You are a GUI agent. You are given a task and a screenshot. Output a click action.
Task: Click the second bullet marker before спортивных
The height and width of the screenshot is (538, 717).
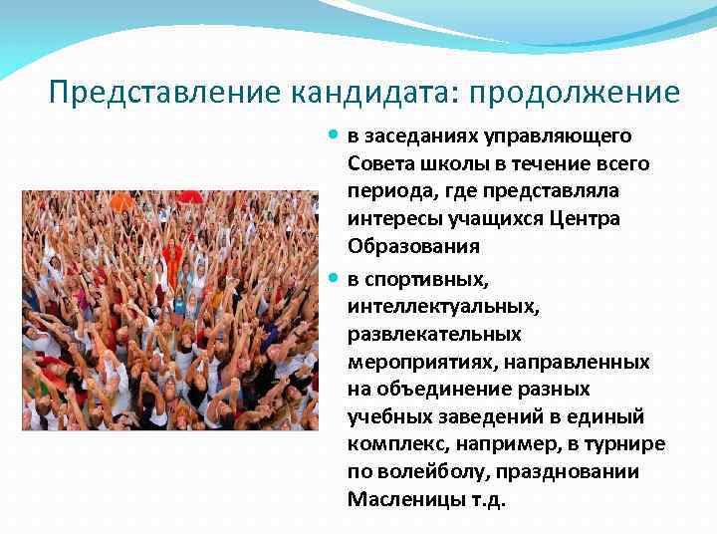coord(336,276)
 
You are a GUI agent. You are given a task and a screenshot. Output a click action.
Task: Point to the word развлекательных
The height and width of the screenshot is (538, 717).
coord(434,332)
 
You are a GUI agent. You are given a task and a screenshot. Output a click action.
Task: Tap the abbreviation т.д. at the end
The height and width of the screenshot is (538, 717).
coord(487,499)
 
